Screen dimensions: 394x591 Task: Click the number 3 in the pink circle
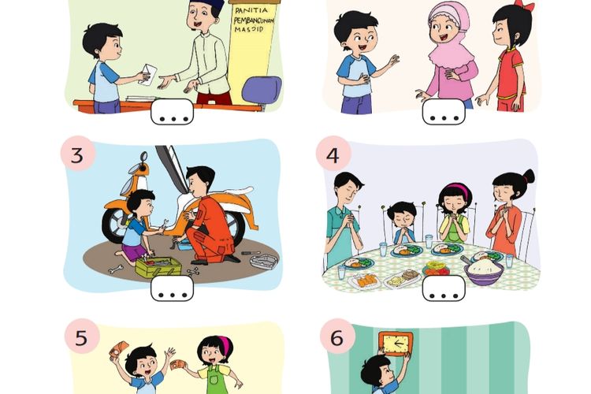tap(76, 155)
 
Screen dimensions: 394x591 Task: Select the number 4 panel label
tap(333, 155)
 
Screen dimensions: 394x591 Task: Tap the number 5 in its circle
tap(82, 339)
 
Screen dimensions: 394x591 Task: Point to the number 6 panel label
tap(337, 339)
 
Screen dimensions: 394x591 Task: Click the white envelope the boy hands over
tap(148, 75)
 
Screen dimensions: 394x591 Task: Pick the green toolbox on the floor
tap(158, 266)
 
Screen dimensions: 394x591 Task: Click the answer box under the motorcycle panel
tap(172, 288)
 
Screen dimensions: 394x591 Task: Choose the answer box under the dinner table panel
tap(444, 288)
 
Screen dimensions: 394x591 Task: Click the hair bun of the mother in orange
tap(527, 176)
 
